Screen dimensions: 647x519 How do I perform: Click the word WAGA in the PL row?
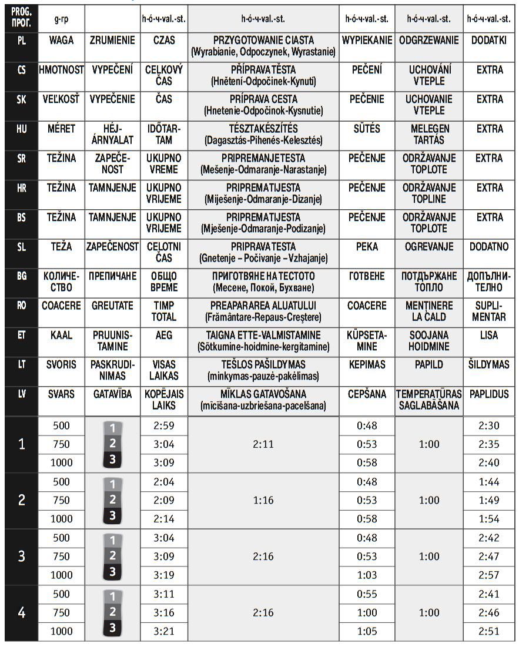coord(61,41)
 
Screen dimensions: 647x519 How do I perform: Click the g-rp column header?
coord(61,19)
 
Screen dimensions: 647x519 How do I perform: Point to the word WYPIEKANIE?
coord(367,41)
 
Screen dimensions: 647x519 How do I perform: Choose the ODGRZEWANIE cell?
coord(428,41)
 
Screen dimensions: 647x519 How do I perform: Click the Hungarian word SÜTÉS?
coord(367,129)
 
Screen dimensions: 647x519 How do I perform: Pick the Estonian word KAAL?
coord(61,335)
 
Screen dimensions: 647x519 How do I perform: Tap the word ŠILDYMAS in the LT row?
coord(490,364)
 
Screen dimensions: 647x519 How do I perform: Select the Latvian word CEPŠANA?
coord(367,394)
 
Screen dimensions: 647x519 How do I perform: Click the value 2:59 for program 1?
coord(164,425)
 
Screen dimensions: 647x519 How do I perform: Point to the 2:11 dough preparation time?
coord(263,444)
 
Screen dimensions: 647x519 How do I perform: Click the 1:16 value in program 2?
coord(263,501)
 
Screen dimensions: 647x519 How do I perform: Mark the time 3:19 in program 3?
coord(164,575)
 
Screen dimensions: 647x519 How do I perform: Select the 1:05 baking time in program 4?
coord(367,631)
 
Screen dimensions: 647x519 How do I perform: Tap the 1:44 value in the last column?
coord(489,482)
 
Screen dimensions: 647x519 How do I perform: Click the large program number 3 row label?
coord(22,557)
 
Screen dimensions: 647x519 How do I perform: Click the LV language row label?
coord(22,394)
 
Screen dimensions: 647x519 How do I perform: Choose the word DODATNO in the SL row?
coord(490,247)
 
